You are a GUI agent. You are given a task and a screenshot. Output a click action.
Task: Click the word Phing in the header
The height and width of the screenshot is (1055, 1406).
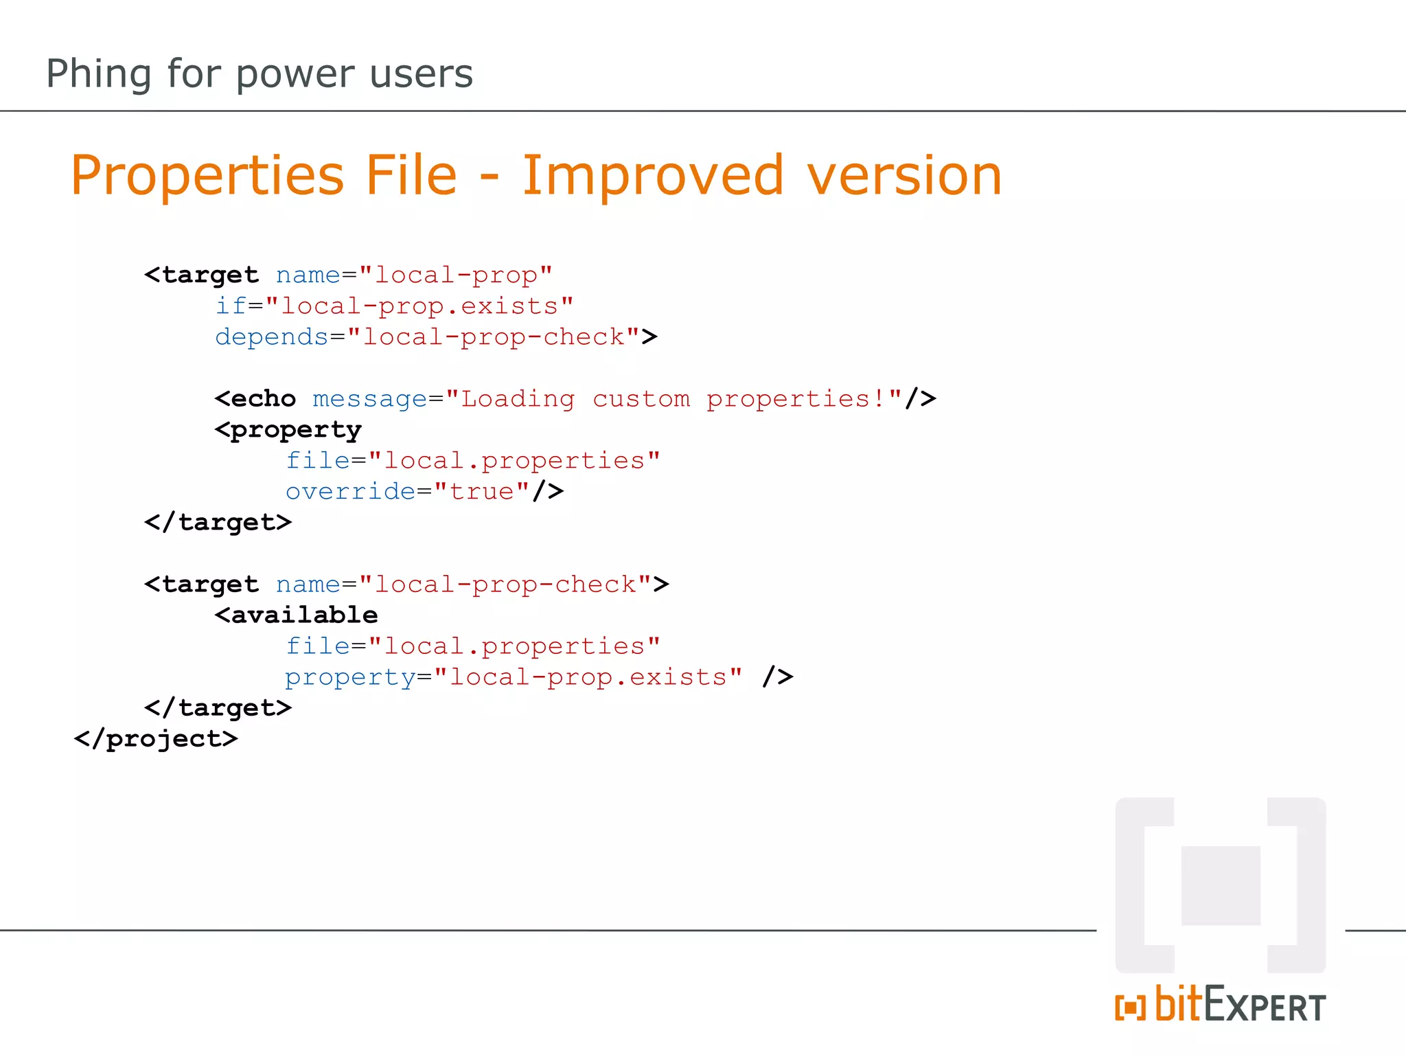(x=98, y=74)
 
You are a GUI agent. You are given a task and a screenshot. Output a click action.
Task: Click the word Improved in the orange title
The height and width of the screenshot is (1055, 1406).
(x=652, y=175)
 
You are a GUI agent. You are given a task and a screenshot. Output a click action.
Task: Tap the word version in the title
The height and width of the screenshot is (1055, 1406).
(x=904, y=175)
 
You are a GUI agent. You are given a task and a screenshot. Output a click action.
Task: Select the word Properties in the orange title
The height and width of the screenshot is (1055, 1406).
(x=207, y=175)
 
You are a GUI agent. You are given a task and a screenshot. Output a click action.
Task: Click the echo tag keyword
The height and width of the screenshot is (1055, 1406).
(x=263, y=398)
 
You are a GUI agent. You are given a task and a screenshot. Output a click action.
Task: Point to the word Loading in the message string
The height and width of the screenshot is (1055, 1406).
(x=518, y=398)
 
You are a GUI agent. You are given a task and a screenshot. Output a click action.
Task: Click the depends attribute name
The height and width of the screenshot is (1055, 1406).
(x=272, y=337)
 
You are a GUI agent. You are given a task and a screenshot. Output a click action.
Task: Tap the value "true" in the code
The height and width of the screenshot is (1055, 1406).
(x=482, y=491)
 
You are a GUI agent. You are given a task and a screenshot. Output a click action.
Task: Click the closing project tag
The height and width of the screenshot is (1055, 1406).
(x=156, y=739)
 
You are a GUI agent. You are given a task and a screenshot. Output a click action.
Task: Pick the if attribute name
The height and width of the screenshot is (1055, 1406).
(x=231, y=306)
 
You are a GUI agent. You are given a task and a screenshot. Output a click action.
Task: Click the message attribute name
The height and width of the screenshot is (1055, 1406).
(x=369, y=398)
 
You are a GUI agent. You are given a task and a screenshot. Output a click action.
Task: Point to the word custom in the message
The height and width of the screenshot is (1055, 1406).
(x=641, y=398)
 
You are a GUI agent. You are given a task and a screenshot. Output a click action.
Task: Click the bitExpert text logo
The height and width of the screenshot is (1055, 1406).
(x=1240, y=1005)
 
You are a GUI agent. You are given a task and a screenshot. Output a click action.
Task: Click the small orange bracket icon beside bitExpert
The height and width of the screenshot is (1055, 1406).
(x=1130, y=1008)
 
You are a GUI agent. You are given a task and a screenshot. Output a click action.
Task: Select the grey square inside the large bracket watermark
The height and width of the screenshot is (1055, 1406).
(x=1221, y=885)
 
